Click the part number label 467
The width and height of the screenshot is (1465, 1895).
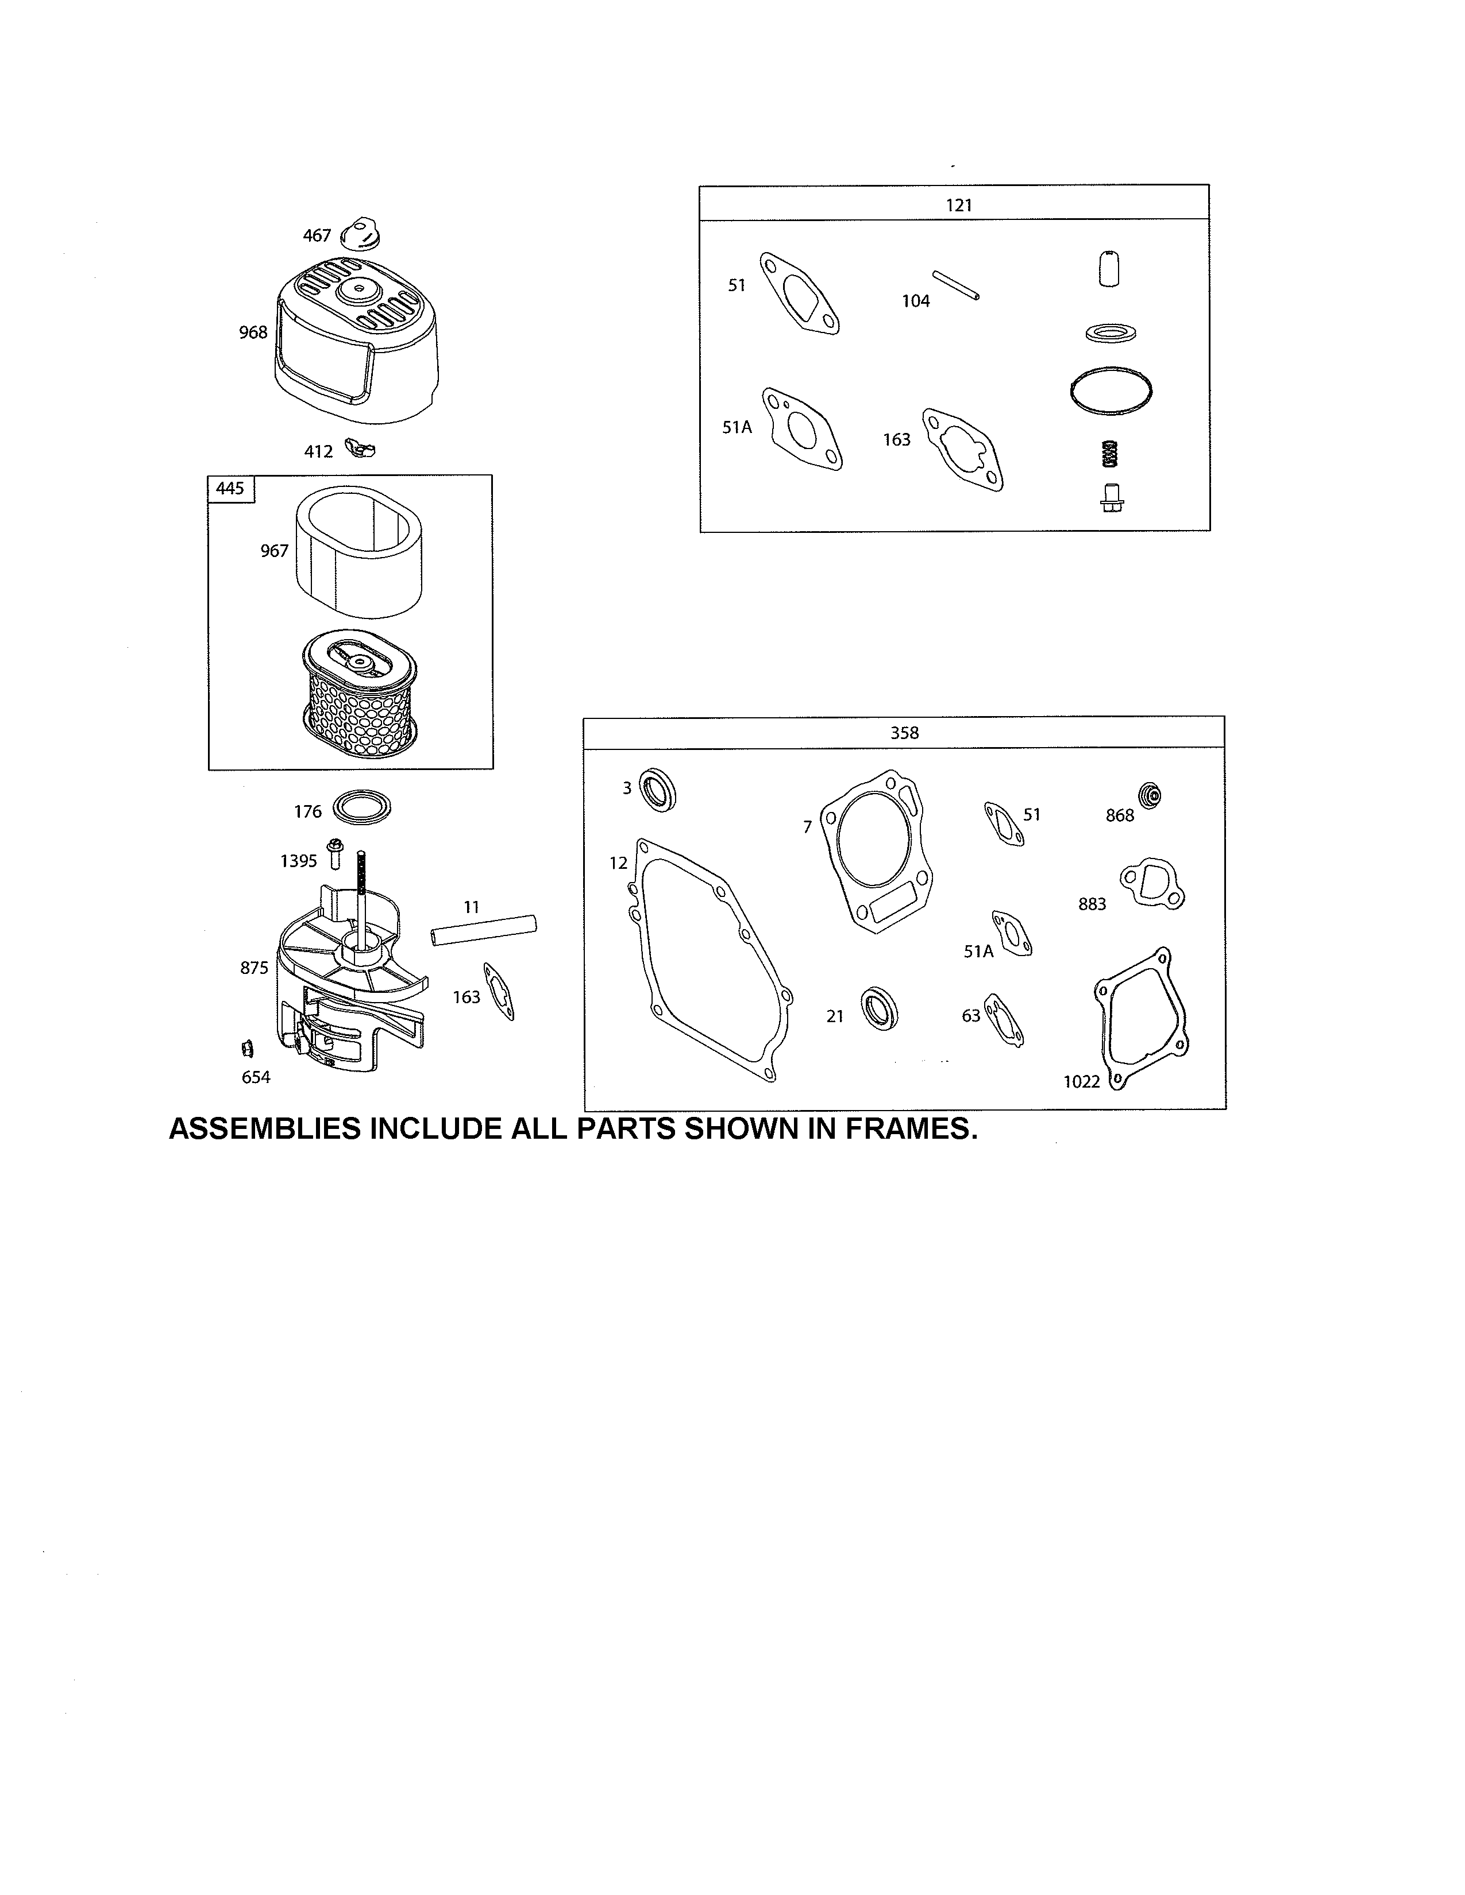(x=317, y=235)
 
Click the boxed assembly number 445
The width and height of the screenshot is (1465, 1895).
(x=230, y=489)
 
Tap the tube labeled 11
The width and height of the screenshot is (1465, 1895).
(x=483, y=929)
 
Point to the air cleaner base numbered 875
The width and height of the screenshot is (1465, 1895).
(x=347, y=989)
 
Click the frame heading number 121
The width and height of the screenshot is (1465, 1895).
(x=959, y=205)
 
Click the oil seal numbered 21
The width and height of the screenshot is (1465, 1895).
(x=879, y=1008)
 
